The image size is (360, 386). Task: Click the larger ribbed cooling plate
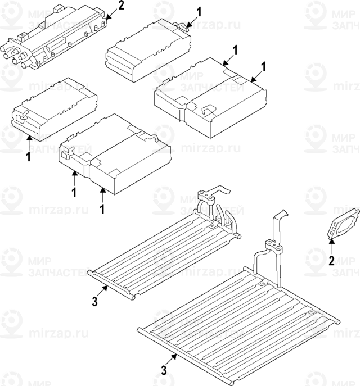(x=242, y=315)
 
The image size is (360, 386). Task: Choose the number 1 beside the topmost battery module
(x=199, y=11)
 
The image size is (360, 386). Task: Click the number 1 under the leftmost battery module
(x=28, y=157)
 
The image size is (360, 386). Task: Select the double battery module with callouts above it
(x=211, y=96)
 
